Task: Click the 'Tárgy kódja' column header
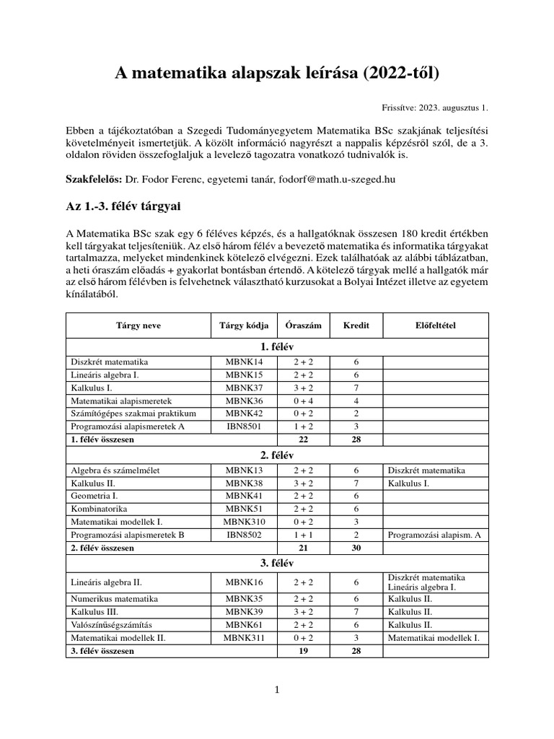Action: pyautogui.click(x=243, y=325)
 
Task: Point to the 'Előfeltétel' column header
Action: pyautogui.click(x=436, y=325)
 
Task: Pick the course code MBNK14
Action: pyautogui.click(x=244, y=362)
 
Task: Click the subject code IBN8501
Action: pyautogui.click(x=244, y=427)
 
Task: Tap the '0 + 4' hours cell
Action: pyautogui.click(x=304, y=401)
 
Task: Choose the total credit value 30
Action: pyautogui.click(x=356, y=548)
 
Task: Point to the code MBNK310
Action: pyautogui.click(x=244, y=522)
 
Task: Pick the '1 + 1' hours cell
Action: pyautogui.click(x=304, y=535)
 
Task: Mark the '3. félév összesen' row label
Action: pyautogui.click(x=102, y=651)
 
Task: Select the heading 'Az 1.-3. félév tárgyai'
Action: pyautogui.click(x=123, y=207)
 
